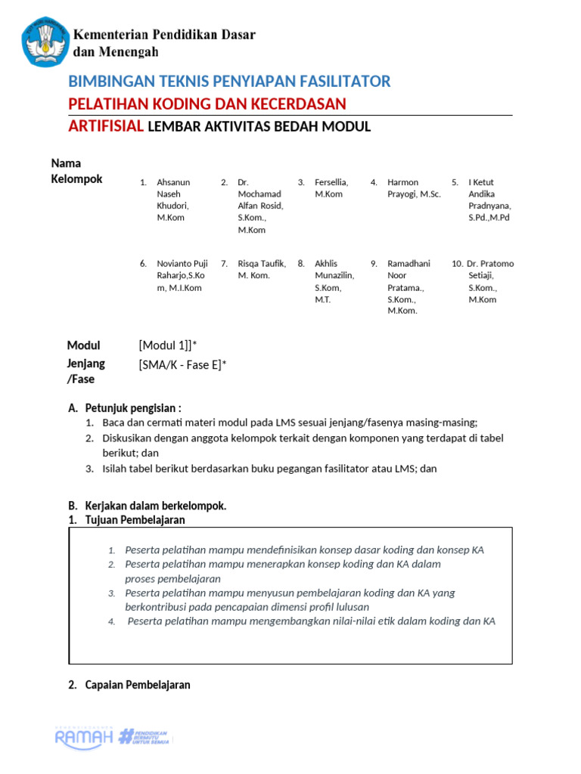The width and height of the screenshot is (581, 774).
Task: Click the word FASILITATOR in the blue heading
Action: coord(344,82)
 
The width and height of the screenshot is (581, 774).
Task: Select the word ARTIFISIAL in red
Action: coord(106,126)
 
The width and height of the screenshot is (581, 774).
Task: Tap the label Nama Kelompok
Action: coord(76,171)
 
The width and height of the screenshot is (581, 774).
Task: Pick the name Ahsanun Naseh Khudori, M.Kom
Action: coord(173,200)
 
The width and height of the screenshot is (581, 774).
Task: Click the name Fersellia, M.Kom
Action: coord(331,188)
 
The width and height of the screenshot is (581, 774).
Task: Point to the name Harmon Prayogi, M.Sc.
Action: coord(409,188)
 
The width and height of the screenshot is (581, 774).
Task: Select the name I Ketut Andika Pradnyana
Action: coord(489,200)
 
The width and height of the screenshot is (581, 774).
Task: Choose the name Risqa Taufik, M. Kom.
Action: coord(262,269)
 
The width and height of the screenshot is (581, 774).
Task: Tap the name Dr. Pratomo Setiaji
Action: coord(489,281)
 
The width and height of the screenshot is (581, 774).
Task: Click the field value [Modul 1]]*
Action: coord(168,345)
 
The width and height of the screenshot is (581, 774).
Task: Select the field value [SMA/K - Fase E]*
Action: coord(182,365)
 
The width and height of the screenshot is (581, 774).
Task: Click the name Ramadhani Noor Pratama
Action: coord(409,287)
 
